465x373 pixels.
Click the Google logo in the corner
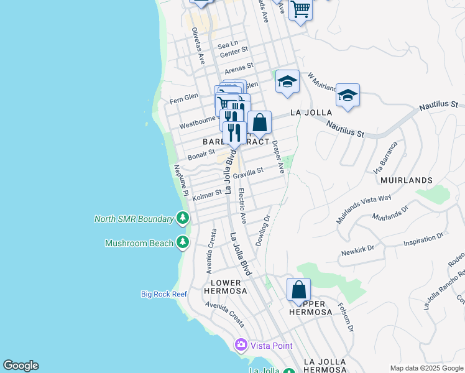(x=21, y=366)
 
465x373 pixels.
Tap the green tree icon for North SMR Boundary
(x=182, y=218)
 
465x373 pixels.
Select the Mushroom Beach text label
(x=139, y=243)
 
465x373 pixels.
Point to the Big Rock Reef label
(x=164, y=294)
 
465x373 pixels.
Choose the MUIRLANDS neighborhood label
(x=405, y=180)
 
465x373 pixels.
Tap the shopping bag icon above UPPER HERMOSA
(x=299, y=290)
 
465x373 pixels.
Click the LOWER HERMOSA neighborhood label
(x=225, y=287)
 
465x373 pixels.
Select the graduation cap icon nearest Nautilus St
(x=348, y=96)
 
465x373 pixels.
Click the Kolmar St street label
(x=207, y=196)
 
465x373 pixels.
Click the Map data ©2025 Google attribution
(x=426, y=367)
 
